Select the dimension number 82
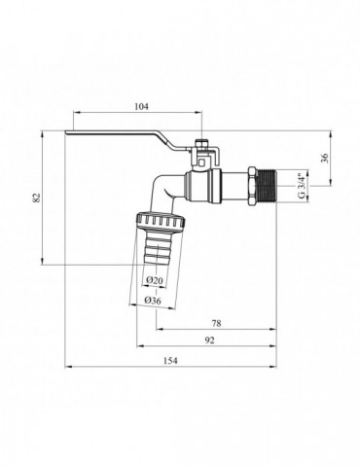36,198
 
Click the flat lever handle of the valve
117,138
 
